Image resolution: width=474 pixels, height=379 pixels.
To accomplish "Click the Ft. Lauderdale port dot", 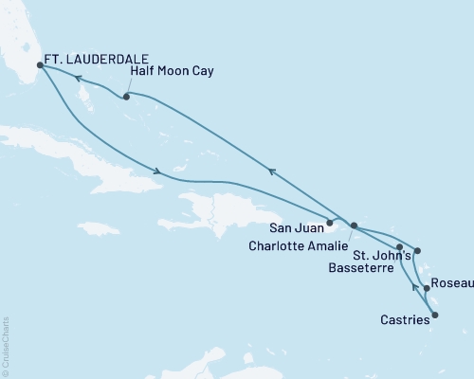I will coord(40,65).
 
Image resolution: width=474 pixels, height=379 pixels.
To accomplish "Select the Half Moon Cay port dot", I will coord(126,97).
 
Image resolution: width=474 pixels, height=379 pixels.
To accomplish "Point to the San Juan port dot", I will coord(330,224).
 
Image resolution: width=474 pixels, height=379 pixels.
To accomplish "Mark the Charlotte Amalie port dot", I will coord(354,226).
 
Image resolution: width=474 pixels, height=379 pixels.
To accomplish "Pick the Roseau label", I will coord(450,283).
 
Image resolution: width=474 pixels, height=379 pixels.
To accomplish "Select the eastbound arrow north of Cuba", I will coord(156,171).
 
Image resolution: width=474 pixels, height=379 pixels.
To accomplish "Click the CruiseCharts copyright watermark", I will coord(6,346).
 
